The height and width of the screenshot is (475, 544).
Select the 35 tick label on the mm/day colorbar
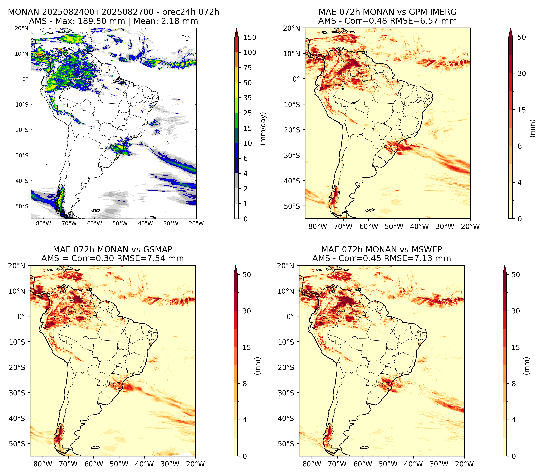tap(248, 98)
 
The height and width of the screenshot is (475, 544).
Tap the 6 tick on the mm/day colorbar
tap(245, 158)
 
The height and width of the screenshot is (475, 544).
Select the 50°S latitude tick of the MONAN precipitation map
tap(22, 206)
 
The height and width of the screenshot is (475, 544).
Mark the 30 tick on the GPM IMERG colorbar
tap(522, 73)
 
